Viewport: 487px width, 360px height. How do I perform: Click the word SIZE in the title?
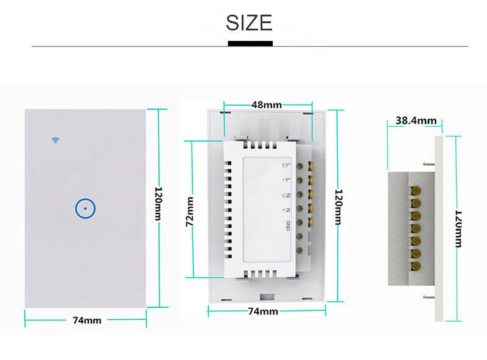coord(250,23)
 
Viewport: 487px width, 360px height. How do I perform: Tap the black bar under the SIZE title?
coord(250,43)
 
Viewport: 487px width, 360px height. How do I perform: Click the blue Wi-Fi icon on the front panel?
coord(55,140)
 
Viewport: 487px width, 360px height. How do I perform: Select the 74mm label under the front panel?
coord(86,320)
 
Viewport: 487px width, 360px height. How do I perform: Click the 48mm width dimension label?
coord(266,104)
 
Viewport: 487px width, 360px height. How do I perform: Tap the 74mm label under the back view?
coord(264,311)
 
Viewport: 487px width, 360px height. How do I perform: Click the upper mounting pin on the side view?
coord(427,163)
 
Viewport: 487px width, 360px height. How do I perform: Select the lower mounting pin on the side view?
coord(427,297)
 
